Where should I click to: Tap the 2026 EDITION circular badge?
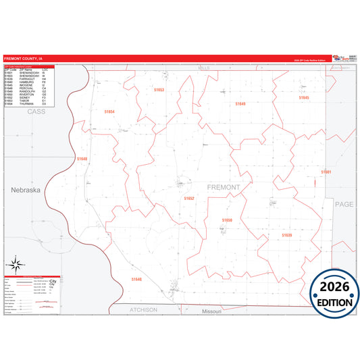click(x=329, y=290)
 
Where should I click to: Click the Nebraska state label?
click(x=26, y=190)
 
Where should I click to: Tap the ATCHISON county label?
click(x=143, y=309)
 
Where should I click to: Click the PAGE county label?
click(x=344, y=203)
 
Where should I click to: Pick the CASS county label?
click(x=36, y=111)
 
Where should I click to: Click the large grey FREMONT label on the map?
click(x=224, y=187)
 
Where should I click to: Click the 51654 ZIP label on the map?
click(x=109, y=111)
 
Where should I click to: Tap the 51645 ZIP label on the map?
click(x=304, y=98)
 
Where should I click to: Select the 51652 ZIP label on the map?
click(x=189, y=199)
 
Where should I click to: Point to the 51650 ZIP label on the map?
click(x=227, y=220)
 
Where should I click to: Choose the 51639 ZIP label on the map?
click(x=286, y=235)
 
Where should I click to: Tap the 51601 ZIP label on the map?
click(x=326, y=172)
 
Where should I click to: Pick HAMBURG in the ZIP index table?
click(x=28, y=82)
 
